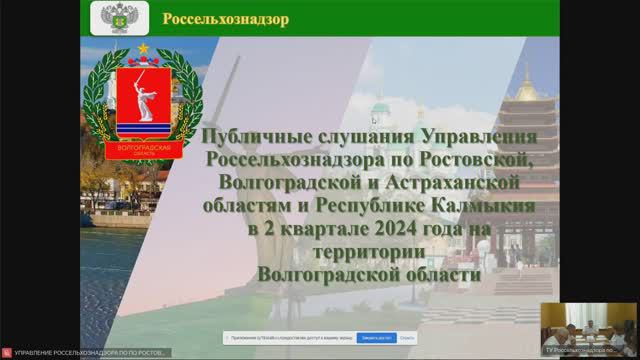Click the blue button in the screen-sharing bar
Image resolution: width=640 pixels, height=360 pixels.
point(379,338)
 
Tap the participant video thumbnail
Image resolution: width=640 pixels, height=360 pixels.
point(588,324)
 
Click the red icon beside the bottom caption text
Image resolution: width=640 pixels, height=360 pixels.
point(6,353)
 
